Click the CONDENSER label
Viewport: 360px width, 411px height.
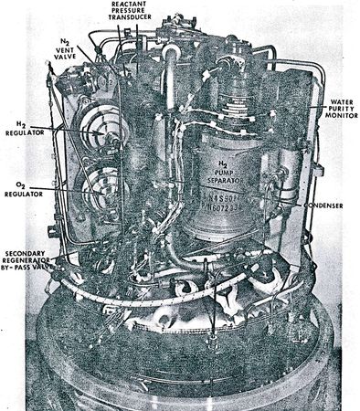(x=324, y=205)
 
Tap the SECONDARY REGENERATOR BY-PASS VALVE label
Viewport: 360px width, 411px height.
(x=30, y=263)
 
